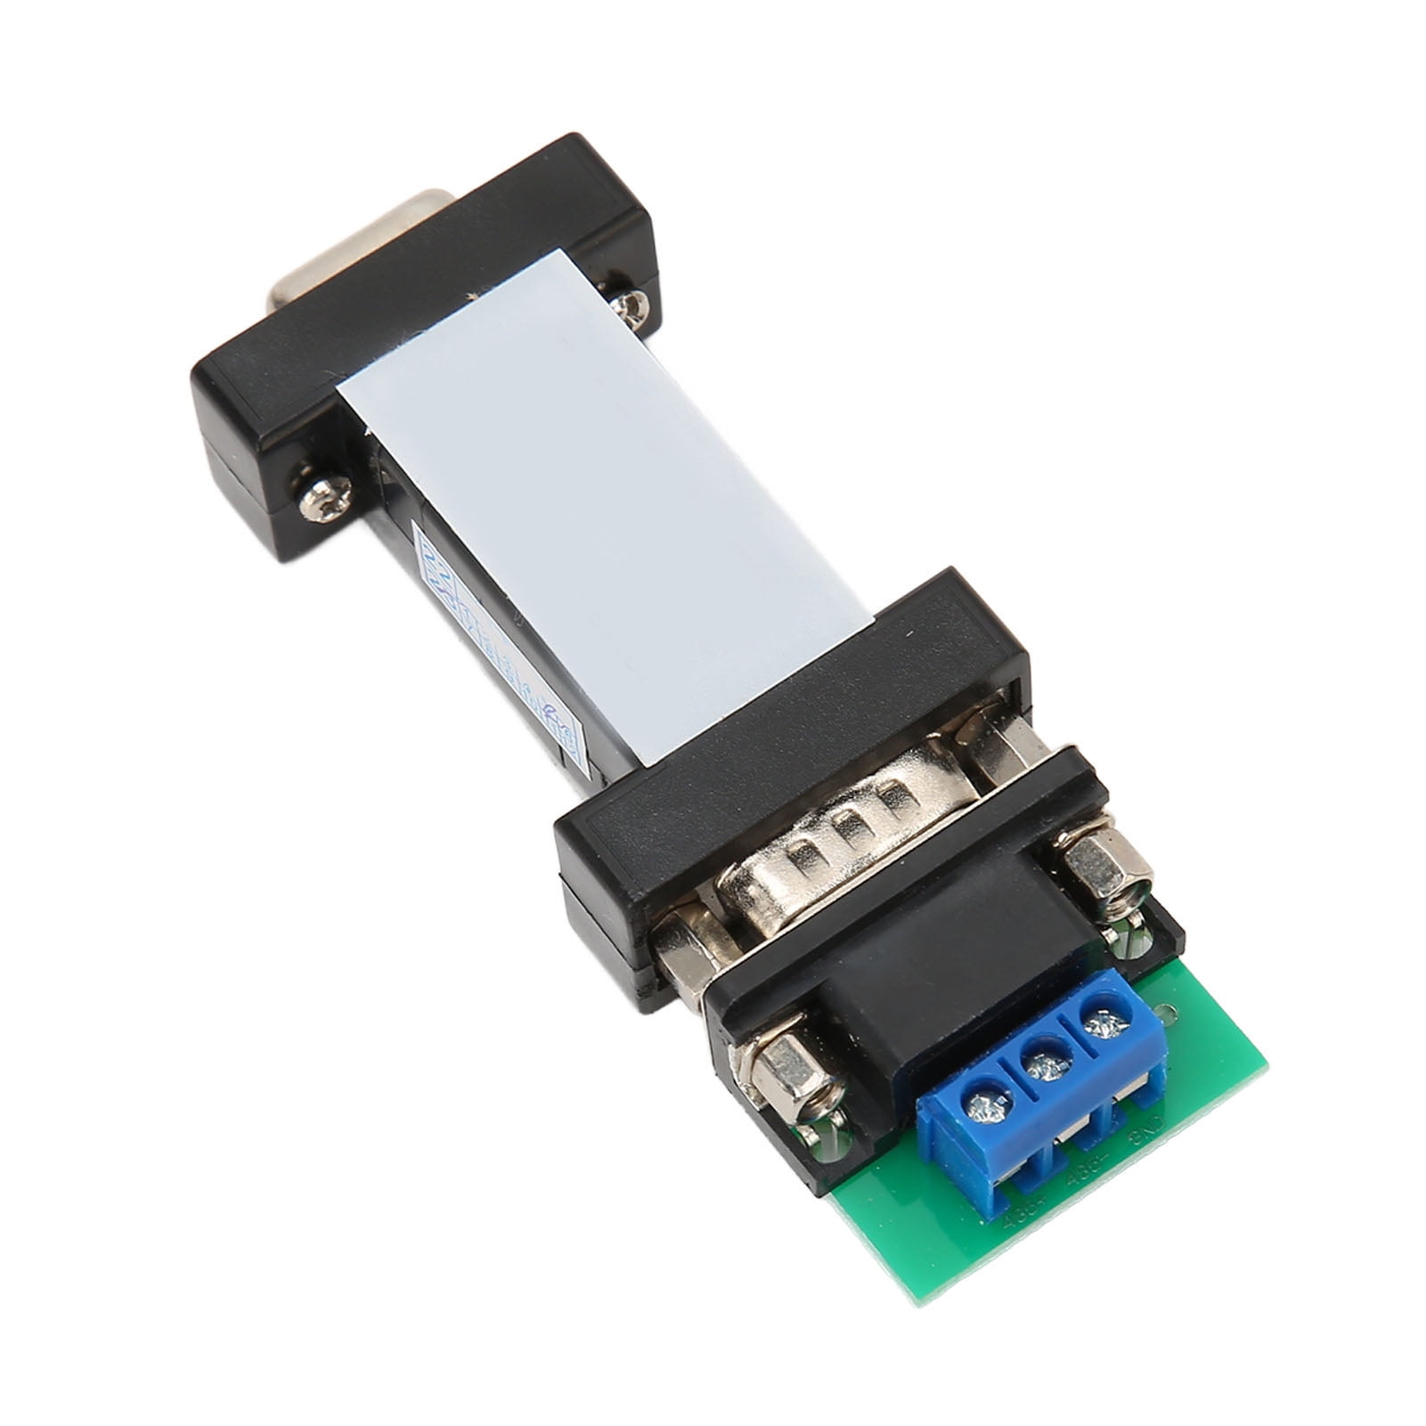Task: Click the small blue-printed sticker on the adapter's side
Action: tap(499, 641)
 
